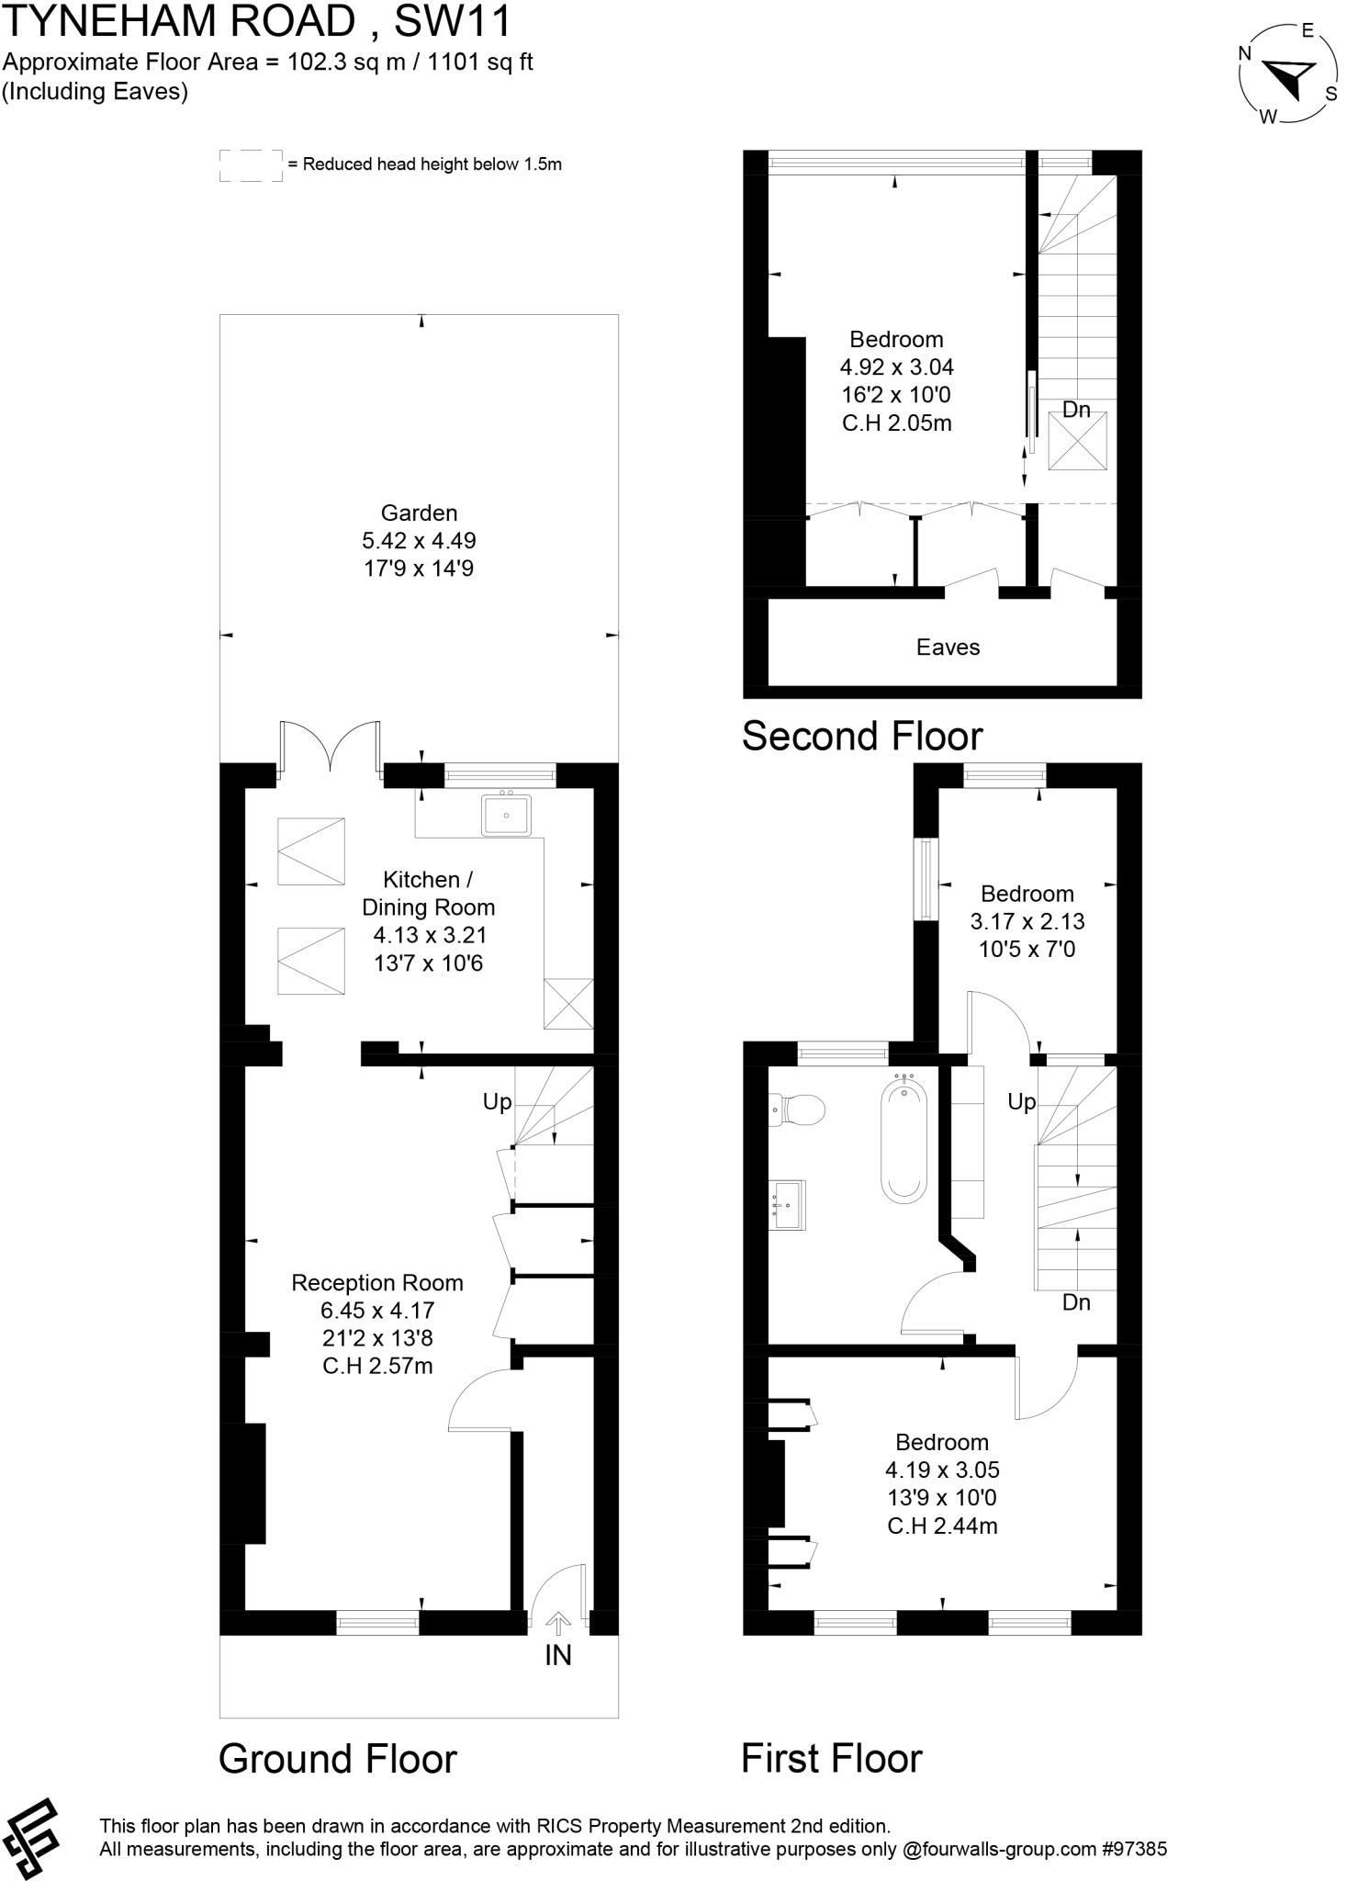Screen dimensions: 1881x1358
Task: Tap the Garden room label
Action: (419, 513)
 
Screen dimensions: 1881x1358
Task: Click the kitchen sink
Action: (506, 816)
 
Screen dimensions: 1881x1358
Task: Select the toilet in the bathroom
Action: (797, 1109)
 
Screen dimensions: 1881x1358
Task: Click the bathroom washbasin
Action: (789, 1205)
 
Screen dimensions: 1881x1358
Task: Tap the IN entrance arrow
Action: (558, 1625)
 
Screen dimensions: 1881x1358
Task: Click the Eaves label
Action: (948, 648)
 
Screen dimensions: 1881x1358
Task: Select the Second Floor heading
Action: (861, 737)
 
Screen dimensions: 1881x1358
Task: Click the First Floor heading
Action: (831, 1759)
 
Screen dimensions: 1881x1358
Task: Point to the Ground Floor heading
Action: (337, 1759)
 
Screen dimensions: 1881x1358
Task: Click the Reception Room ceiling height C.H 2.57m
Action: (377, 1366)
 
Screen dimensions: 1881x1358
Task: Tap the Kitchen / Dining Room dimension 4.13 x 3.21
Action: (428, 935)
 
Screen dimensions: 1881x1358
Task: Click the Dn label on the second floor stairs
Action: (1076, 410)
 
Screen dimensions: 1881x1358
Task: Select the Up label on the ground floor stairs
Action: (497, 1102)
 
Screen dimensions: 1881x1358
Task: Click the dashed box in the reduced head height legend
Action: (251, 165)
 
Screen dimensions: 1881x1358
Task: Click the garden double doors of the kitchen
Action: (331, 746)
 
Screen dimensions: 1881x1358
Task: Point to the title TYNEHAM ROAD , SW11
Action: (257, 22)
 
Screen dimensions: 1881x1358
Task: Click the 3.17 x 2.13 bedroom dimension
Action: (1027, 921)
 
